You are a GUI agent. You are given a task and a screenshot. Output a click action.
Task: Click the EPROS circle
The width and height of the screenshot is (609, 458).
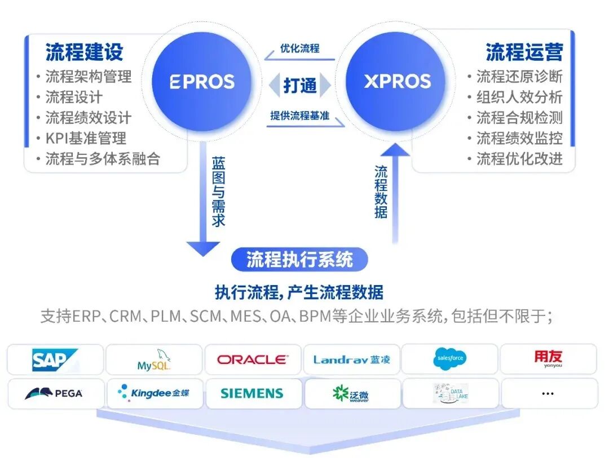click(202, 82)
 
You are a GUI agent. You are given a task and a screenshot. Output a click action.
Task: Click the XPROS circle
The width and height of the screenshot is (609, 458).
click(397, 82)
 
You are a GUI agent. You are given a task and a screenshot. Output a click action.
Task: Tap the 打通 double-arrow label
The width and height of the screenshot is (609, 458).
click(299, 86)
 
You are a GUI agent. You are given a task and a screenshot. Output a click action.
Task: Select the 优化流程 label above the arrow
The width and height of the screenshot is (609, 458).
click(299, 48)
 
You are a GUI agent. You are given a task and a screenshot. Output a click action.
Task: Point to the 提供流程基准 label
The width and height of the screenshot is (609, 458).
click(299, 116)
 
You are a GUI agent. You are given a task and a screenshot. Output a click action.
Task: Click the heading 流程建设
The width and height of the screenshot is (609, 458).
click(85, 52)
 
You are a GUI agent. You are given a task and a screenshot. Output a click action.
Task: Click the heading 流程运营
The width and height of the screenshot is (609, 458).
click(524, 52)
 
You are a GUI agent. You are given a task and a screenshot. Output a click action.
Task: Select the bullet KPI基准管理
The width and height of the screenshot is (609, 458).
click(86, 138)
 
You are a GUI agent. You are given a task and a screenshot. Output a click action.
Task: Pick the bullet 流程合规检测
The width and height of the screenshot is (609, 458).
click(519, 118)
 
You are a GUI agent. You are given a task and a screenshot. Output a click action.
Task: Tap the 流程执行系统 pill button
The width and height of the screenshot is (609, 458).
click(299, 260)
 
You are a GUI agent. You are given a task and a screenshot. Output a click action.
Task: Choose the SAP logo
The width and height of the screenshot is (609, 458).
click(55, 359)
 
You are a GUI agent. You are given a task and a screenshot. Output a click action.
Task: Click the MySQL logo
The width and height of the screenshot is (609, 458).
click(153, 359)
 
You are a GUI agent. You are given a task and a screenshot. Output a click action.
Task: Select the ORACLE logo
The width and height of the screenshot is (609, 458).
click(252, 359)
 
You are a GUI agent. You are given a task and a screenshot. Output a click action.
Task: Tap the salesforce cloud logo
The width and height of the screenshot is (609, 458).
click(449, 359)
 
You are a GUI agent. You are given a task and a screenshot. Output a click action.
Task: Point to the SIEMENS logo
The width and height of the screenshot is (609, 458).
click(252, 393)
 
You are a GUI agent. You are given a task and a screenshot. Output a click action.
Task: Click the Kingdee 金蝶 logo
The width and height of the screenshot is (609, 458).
click(153, 393)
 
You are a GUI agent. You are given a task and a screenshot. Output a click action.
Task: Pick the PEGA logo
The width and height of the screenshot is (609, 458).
click(55, 393)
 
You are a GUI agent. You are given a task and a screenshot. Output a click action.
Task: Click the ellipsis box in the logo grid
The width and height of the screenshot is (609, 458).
click(548, 393)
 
